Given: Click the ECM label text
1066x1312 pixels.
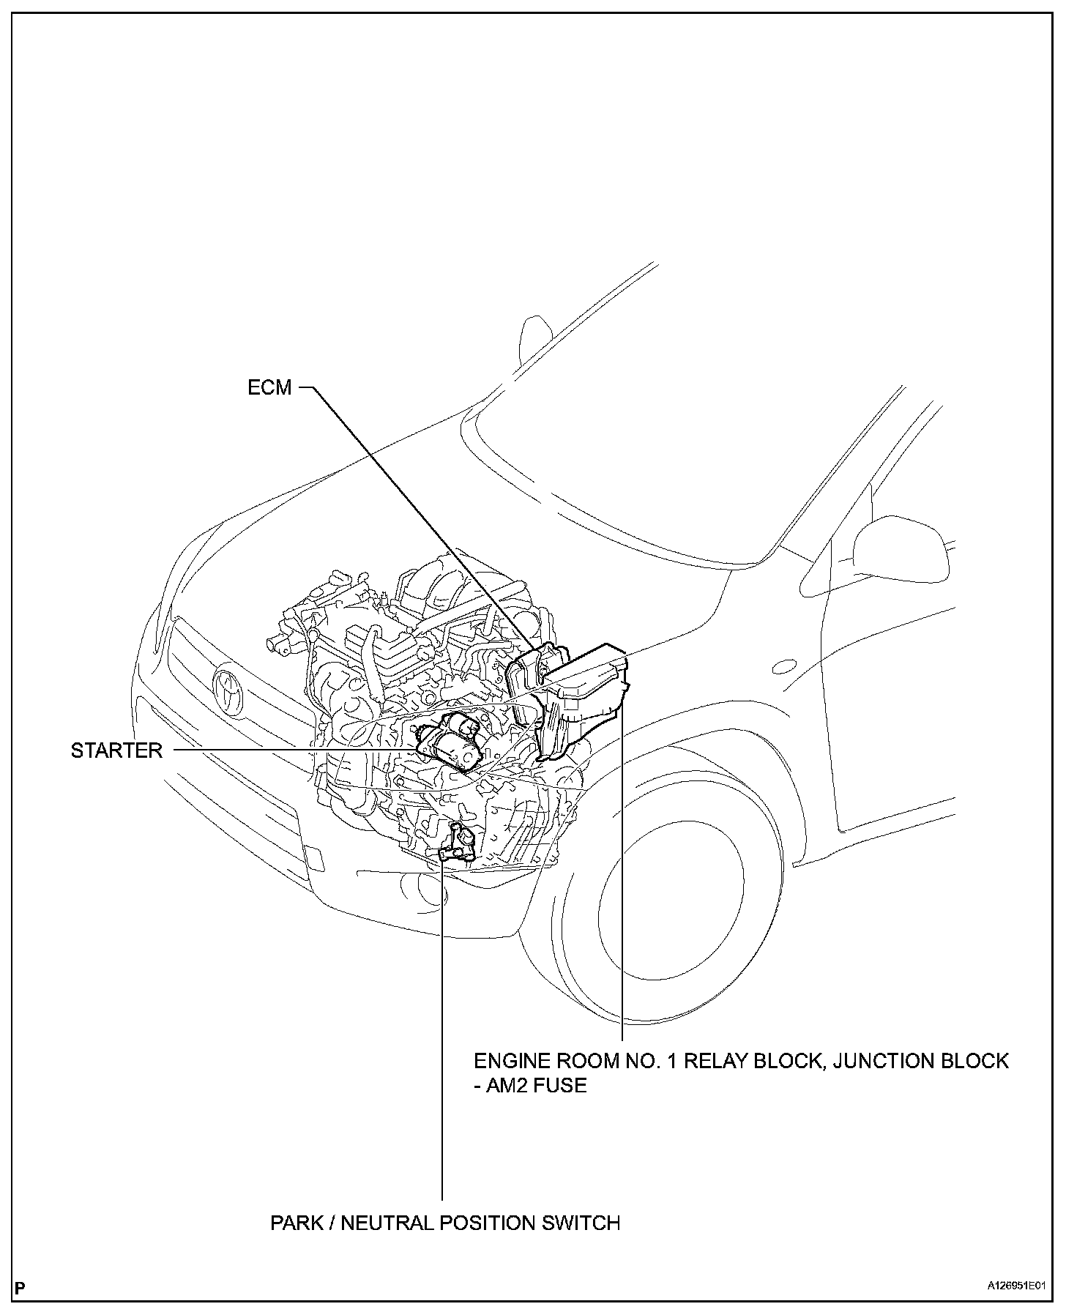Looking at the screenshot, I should [x=269, y=387].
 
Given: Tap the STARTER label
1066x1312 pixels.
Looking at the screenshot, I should [x=116, y=750].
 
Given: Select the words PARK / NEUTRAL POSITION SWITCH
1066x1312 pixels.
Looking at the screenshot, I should [x=445, y=1223].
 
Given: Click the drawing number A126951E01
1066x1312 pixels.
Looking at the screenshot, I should [x=1017, y=1286].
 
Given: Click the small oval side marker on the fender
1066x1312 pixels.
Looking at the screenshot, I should [x=784, y=667].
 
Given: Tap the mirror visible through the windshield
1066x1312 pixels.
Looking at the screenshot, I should [x=534, y=337].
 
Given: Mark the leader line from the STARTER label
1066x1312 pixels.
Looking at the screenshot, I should [x=293, y=750].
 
